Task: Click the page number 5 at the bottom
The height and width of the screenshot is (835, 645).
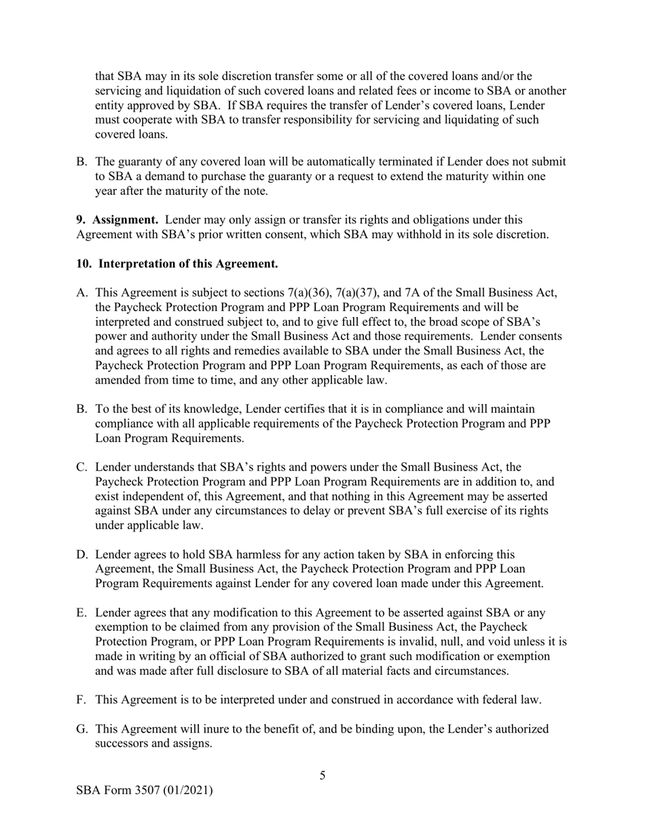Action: [322, 775]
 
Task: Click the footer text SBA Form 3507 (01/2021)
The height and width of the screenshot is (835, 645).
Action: [144, 790]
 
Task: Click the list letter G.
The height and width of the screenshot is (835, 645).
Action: [82, 729]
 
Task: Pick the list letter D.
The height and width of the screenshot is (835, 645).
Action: [82, 555]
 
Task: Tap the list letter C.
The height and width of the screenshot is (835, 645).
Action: [82, 467]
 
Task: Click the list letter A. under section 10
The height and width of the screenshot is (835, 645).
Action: [82, 293]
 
